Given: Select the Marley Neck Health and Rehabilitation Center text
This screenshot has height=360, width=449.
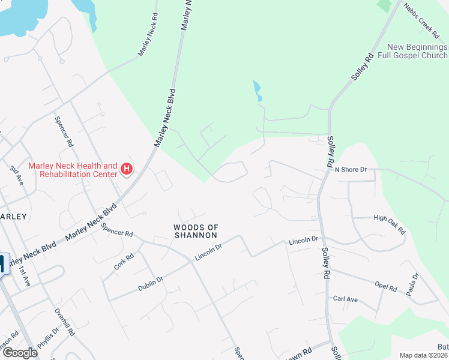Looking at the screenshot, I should [x=73, y=170].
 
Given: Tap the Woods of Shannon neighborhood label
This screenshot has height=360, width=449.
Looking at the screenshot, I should [x=195, y=231].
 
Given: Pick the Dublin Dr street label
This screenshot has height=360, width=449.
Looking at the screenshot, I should [x=151, y=280].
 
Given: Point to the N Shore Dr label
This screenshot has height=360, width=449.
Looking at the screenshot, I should [x=351, y=170].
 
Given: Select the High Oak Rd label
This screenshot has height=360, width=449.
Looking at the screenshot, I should [x=390, y=224].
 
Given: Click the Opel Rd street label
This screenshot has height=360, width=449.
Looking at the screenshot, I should [x=385, y=287].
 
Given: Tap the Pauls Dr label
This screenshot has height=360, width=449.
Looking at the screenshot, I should [x=412, y=284].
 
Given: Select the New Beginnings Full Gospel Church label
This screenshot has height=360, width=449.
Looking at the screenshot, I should [x=417, y=52].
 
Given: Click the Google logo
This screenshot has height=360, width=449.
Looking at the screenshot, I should [x=19, y=353].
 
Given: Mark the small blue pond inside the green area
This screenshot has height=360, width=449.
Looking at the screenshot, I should [x=258, y=90].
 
